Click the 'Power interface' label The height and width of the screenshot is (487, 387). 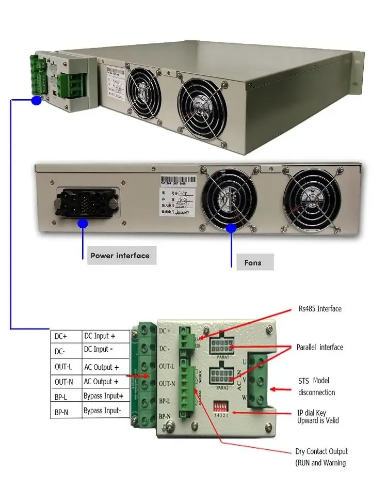tap(120, 256)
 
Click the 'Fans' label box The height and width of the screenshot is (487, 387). tap(253, 263)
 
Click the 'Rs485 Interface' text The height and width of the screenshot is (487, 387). tap(319, 309)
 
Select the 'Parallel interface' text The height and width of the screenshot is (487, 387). tap(319, 347)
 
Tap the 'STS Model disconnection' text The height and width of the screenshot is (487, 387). tap(316, 386)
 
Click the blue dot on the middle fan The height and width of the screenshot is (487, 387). tap(231, 227)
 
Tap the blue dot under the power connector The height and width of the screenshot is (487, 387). tap(82, 223)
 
